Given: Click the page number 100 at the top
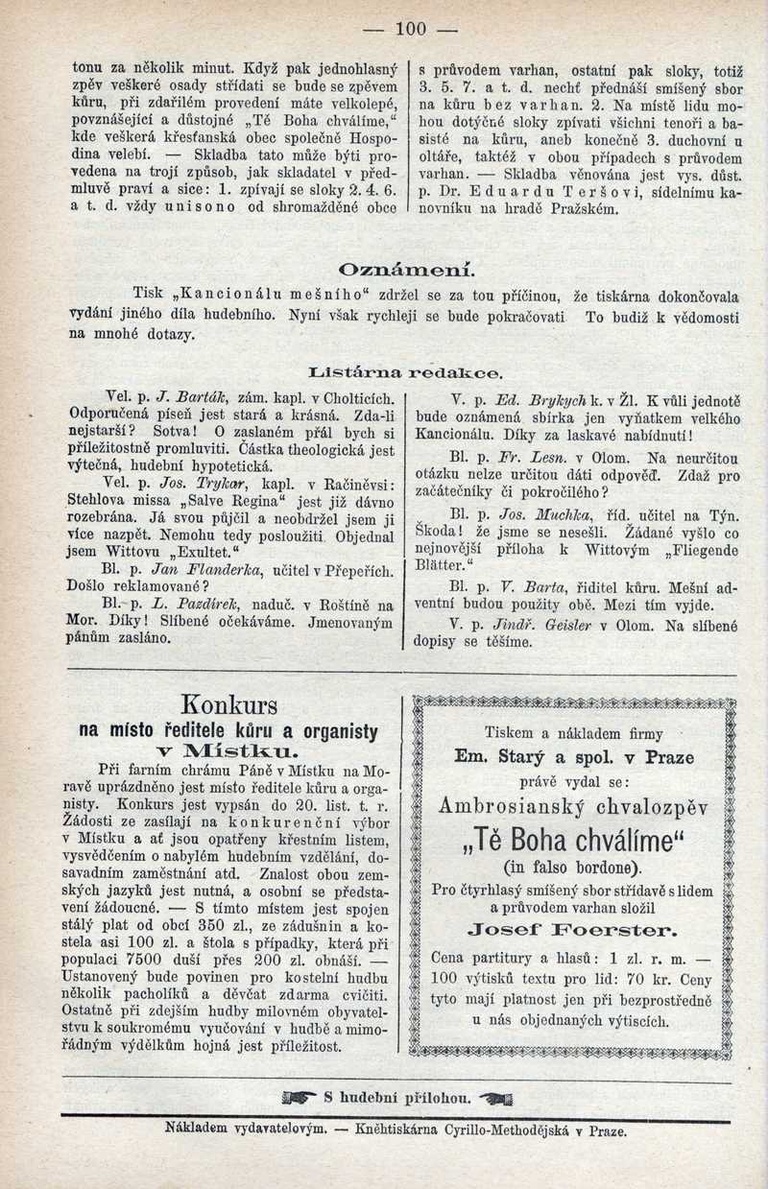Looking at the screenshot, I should click(x=409, y=29).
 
